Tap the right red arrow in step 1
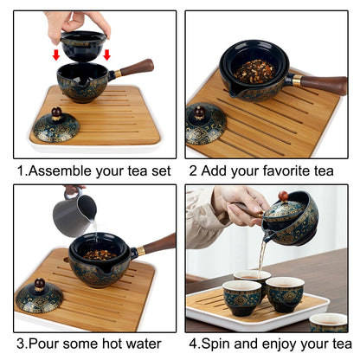(x=106, y=55)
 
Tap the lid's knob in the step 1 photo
(x=55, y=112)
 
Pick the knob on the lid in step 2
(x=199, y=113)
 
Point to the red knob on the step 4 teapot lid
(x=282, y=196)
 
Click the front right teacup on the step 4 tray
(x=285, y=294)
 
